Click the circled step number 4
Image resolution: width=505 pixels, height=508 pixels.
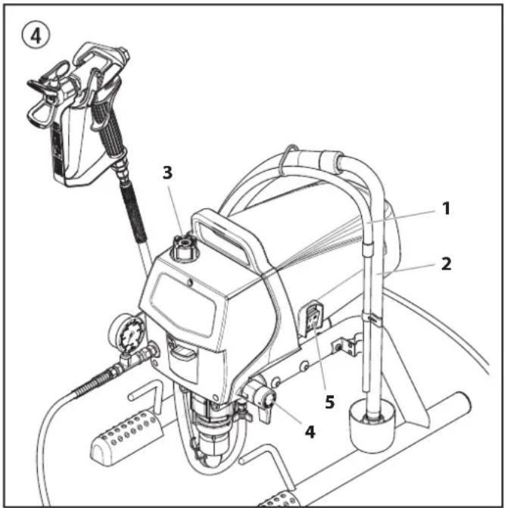(36, 36)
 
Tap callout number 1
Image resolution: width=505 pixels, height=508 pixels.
(446, 208)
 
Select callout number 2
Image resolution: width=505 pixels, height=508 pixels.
(446, 264)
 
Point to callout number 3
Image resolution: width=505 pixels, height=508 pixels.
(167, 173)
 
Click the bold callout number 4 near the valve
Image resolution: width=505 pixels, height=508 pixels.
(310, 432)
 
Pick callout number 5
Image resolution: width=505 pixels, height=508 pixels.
(329, 402)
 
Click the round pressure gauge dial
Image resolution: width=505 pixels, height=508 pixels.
(130, 335)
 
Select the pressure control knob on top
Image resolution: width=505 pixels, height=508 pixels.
(184, 247)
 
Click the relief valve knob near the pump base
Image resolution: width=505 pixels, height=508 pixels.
(267, 398)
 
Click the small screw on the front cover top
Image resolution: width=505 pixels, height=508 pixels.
(190, 283)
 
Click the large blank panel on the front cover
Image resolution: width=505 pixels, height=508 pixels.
(183, 304)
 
